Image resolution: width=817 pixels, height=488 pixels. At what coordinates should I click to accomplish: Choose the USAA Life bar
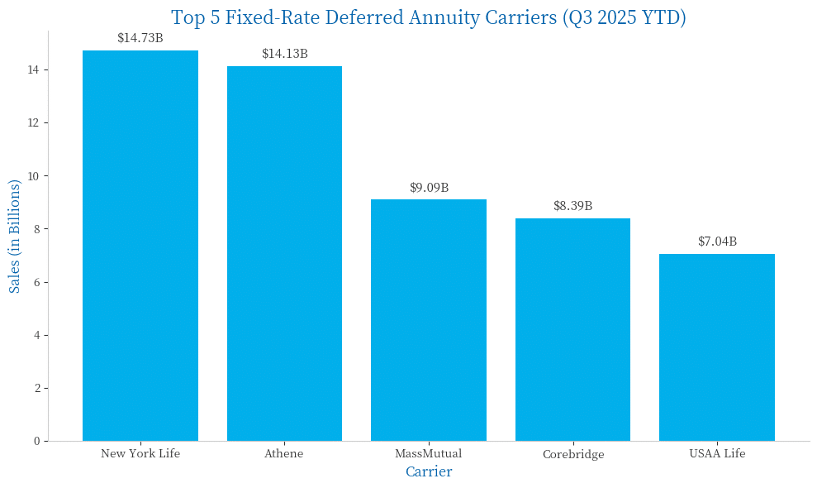717,347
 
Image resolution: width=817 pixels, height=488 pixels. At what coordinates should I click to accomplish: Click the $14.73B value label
140,38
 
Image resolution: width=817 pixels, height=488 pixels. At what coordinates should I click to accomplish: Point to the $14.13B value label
284,54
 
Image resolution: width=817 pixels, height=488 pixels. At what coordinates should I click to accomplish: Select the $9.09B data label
429,188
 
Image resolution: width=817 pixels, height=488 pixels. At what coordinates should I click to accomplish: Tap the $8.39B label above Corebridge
572,206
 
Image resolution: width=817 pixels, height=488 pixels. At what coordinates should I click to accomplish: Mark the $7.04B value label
717,242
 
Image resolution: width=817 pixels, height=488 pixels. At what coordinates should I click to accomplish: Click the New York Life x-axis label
140,453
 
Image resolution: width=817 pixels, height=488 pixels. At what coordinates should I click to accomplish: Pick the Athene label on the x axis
284,453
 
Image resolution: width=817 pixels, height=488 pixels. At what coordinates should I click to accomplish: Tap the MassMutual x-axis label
429,453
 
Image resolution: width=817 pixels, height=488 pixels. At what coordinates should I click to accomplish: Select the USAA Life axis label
717,453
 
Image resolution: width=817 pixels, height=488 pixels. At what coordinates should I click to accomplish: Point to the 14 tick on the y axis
33,70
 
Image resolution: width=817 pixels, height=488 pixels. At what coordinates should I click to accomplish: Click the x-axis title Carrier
429,471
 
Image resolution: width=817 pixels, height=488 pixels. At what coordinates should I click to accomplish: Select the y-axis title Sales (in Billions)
15,236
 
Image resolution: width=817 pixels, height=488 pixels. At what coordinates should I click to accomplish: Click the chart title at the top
429,17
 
